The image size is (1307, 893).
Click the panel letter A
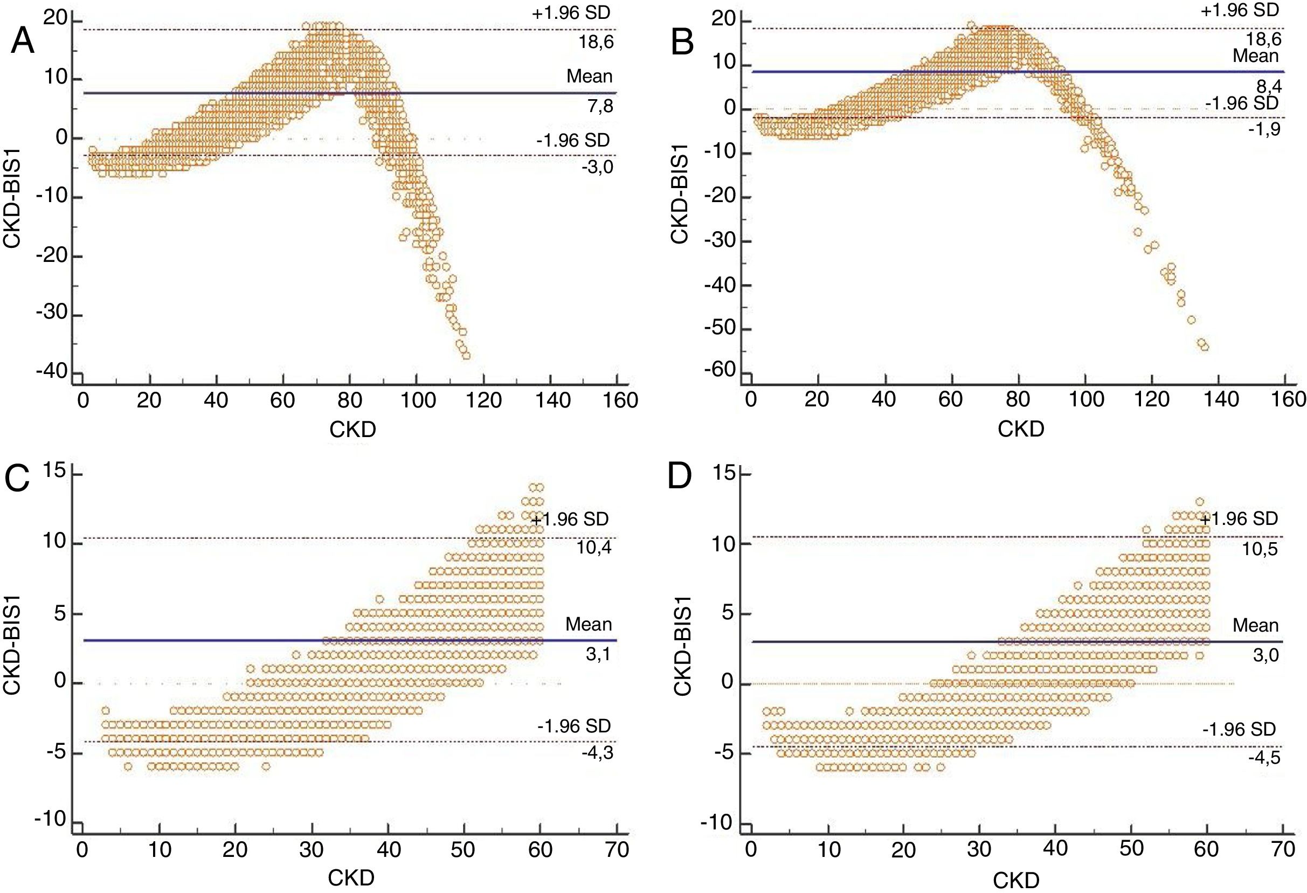23,41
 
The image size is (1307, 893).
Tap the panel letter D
679,479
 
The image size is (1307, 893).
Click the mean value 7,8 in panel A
600,106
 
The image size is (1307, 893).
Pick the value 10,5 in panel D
1260,548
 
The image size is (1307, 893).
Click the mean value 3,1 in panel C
598,654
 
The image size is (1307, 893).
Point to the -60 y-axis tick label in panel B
720,371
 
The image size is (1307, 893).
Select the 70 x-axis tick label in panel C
616,849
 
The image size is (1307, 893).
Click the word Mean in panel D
1255,625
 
